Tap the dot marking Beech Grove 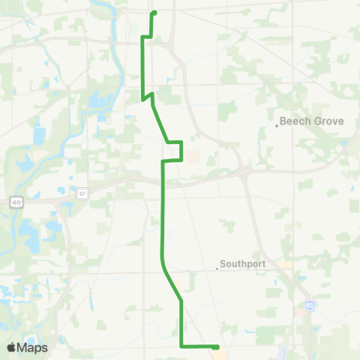[x=277, y=125]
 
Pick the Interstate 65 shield [x=309, y=305]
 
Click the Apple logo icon [x=12, y=347]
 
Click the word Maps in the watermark [x=33, y=347]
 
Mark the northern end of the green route [x=154, y=13]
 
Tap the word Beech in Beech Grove [x=294, y=120]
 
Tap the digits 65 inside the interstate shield [x=309, y=306]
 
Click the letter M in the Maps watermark [x=23, y=347]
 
